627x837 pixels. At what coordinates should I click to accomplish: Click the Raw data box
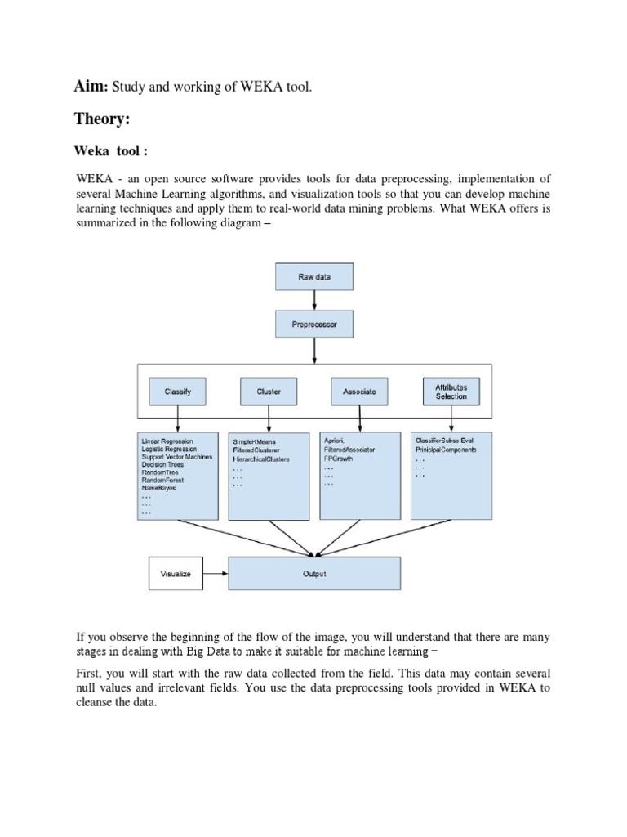(x=314, y=278)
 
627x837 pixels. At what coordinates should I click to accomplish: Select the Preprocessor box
(x=314, y=325)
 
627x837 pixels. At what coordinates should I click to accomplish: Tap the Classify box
(x=177, y=392)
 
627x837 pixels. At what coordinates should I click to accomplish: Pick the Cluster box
(x=269, y=392)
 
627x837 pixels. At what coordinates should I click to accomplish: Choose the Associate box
(x=359, y=392)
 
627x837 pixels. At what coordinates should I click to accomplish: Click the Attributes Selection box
(x=451, y=392)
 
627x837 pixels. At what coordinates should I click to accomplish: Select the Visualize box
(x=175, y=574)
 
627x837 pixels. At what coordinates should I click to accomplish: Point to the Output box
(x=314, y=574)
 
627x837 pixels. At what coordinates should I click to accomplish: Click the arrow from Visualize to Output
(x=215, y=574)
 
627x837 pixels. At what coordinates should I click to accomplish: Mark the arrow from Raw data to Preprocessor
(x=314, y=300)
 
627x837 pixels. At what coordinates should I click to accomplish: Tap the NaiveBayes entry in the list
(x=159, y=488)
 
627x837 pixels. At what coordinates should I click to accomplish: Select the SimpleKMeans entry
(x=255, y=442)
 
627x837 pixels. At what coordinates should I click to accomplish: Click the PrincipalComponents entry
(x=446, y=450)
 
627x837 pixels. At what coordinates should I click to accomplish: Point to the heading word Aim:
(x=92, y=85)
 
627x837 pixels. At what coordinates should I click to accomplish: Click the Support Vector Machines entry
(x=177, y=457)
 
